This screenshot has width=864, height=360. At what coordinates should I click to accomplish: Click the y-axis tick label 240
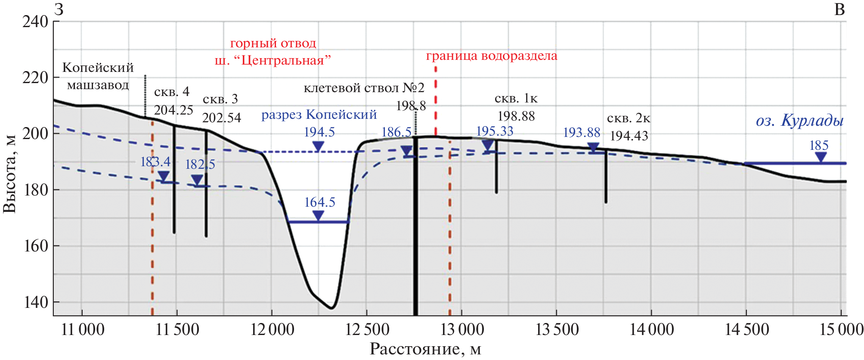(35, 22)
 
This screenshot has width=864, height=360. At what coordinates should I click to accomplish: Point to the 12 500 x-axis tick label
(367, 330)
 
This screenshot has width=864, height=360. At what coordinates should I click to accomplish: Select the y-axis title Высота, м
(9, 174)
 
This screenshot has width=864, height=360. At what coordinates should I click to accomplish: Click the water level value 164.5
(319, 202)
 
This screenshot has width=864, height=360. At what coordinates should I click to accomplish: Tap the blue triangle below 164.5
(318, 216)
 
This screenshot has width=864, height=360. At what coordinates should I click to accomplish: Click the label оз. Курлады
(799, 121)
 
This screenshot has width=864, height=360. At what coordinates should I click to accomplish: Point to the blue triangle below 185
(821, 157)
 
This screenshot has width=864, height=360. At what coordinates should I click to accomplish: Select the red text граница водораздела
(492, 56)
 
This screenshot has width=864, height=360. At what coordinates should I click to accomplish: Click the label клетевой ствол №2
(364, 88)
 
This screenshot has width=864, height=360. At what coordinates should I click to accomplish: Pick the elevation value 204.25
(173, 110)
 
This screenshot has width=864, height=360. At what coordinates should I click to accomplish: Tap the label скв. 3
(220, 99)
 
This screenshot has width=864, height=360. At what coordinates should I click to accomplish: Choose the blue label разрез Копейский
(319, 115)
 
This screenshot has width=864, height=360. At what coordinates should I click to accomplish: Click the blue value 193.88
(582, 133)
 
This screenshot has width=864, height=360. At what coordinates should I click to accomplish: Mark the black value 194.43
(629, 136)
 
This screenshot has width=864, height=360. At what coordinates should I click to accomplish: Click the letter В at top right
(839, 9)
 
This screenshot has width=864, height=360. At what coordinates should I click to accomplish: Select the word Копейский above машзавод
(98, 68)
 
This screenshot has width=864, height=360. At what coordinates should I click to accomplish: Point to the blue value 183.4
(155, 162)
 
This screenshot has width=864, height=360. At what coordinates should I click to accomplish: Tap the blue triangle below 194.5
(318, 146)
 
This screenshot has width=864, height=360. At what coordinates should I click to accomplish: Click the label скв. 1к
(516, 99)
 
